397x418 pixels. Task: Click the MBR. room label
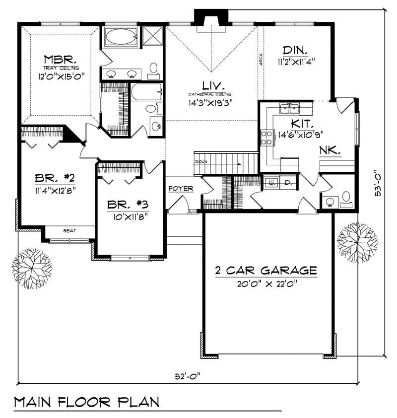(x=59, y=59)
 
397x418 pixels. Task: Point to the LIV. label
(x=210, y=84)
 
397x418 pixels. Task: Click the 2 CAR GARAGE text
(x=266, y=271)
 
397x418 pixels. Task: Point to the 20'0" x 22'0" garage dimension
(x=266, y=284)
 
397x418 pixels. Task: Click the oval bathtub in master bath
(x=121, y=36)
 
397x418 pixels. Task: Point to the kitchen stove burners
(x=267, y=137)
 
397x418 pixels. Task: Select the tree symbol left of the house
(x=32, y=268)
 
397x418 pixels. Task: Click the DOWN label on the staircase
(x=201, y=162)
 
